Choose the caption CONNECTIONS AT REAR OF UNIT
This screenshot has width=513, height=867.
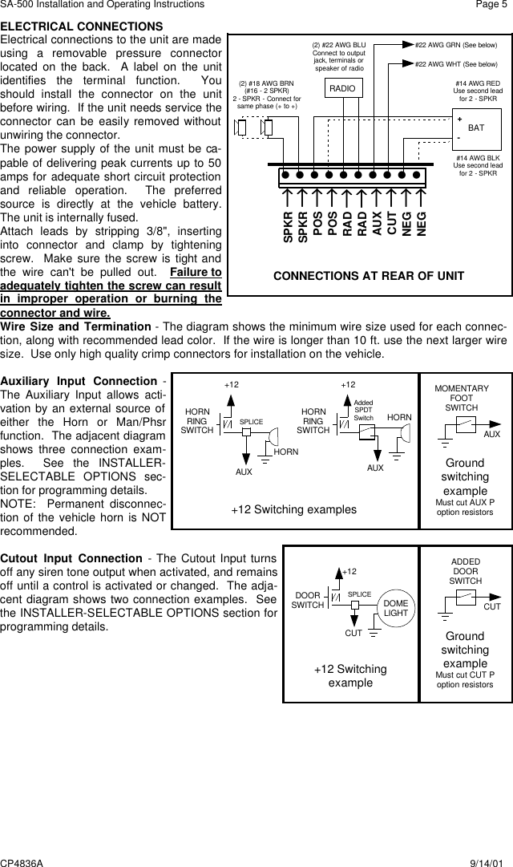pos(369,276)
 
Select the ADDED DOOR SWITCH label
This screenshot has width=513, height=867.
pos(466,571)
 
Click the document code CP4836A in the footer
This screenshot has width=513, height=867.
pos(22,860)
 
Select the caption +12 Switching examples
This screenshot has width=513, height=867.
pos(294,509)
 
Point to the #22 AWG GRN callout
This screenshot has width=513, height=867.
pos(456,46)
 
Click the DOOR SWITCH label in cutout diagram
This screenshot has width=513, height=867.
pos(308,600)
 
